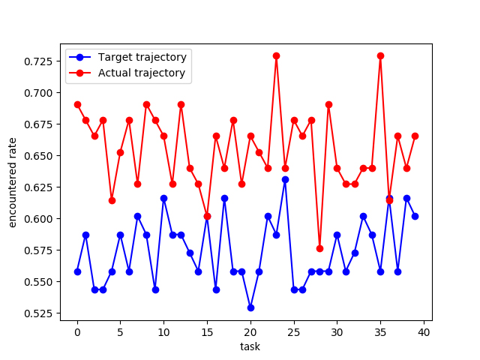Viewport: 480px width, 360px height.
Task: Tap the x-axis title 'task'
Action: [250, 347]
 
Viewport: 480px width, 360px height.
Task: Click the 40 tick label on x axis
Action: [424, 331]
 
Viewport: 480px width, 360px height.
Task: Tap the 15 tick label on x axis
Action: [207, 331]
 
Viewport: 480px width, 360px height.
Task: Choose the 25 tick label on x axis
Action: [294, 331]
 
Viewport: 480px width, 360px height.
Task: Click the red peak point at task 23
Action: [276, 55]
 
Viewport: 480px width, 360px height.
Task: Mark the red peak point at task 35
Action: [380, 55]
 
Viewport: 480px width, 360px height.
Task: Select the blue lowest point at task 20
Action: [250, 307]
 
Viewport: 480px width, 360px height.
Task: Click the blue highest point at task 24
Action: [285, 179]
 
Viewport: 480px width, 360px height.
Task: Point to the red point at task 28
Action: [319, 248]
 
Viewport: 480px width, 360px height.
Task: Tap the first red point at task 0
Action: [77, 104]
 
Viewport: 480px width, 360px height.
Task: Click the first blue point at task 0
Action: [77, 271]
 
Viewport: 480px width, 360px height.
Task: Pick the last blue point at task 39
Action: [415, 216]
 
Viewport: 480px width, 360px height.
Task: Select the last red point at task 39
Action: [415, 136]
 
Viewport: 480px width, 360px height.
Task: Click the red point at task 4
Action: [112, 200]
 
